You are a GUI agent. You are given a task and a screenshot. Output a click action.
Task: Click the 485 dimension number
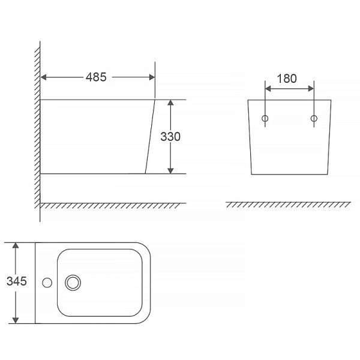(x=96, y=77)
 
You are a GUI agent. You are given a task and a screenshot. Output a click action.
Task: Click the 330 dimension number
(x=170, y=137)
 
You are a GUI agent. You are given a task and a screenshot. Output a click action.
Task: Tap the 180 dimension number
(x=287, y=79)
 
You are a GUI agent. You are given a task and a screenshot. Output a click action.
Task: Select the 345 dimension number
(x=17, y=281)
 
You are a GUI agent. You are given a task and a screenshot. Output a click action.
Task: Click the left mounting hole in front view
(x=265, y=118)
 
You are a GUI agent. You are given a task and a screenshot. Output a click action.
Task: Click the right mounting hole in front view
(x=314, y=118)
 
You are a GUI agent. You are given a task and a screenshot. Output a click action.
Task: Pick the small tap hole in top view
(x=47, y=283)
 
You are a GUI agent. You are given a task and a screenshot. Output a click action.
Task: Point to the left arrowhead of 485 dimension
(x=43, y=77)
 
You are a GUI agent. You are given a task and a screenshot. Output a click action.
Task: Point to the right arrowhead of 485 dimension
(x=152, y=77)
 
